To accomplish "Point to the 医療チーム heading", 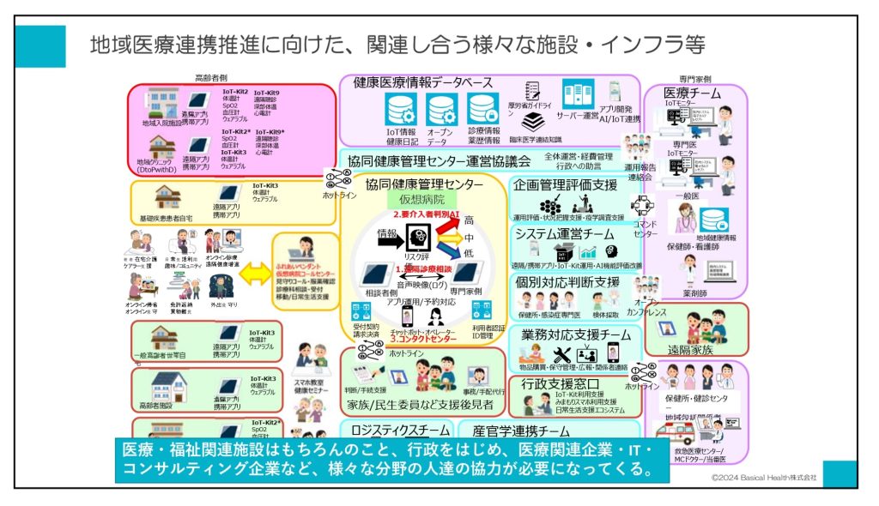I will [x=693, y=93].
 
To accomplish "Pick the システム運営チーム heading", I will [x=564, y=233].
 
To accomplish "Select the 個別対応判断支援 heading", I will [x=567, y=281].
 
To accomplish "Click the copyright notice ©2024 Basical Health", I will [x=764, y=476].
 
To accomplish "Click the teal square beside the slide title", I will [x=40, y=46].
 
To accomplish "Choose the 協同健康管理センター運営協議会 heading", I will [x=439, y=160].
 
